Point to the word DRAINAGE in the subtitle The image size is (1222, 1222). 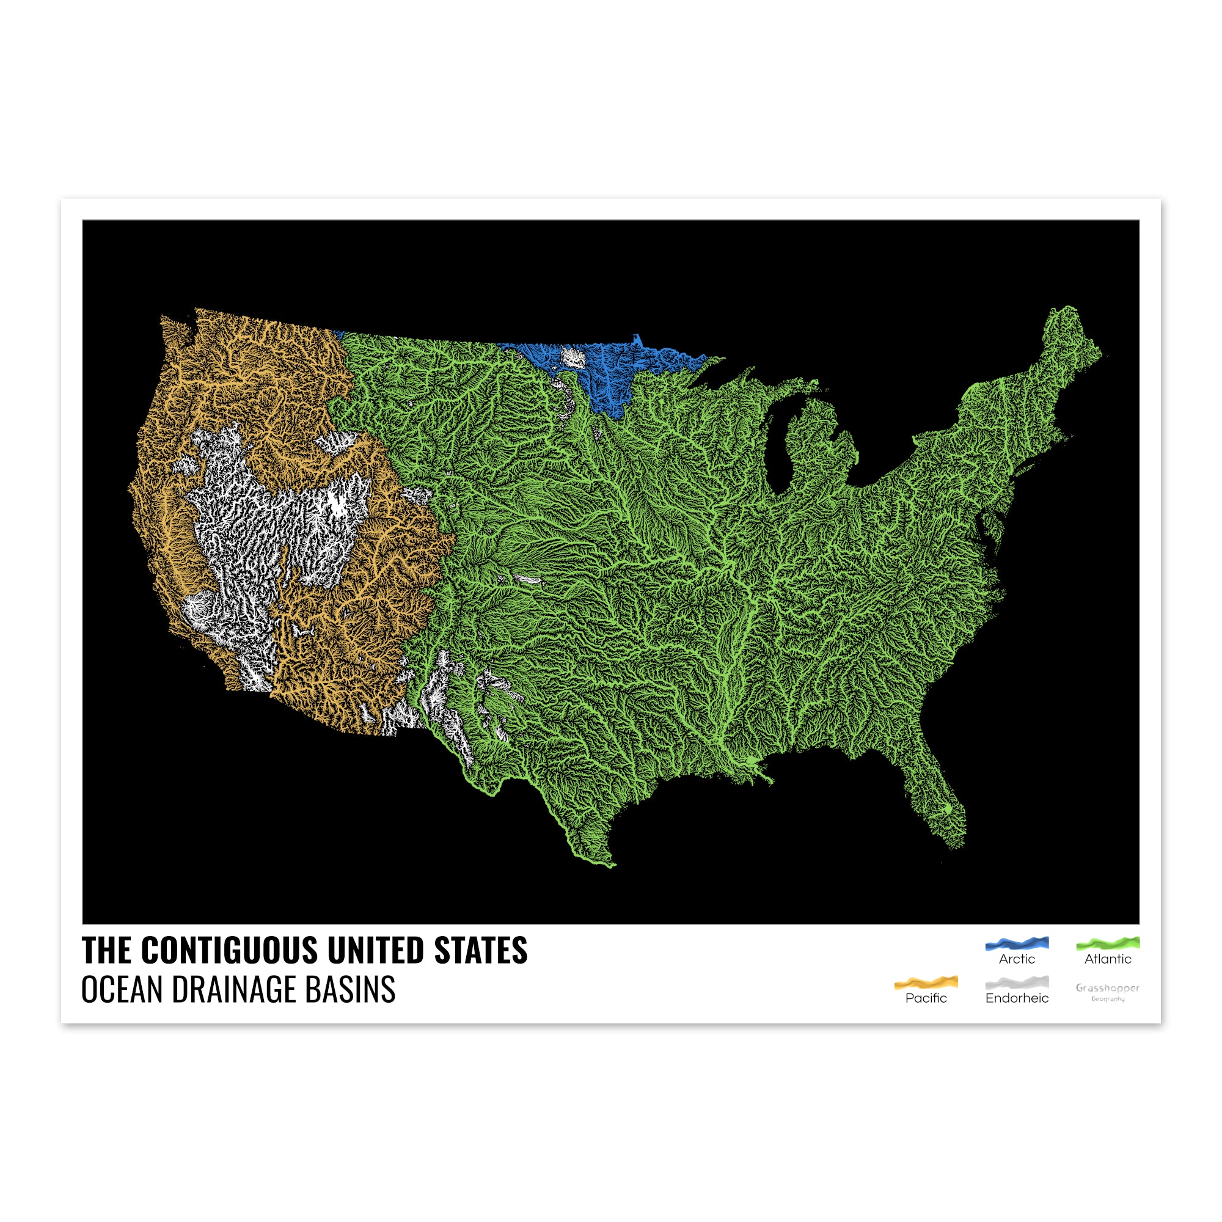[x=234, y=990]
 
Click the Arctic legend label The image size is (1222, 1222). [x=1017, y=959]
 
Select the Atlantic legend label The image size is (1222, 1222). [x=1108, y=959]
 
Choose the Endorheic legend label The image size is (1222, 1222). [x=1017, y=998]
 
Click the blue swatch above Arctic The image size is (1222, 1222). [x=1017, y=944]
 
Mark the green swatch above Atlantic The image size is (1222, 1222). [x=1108, y=944]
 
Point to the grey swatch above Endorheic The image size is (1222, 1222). [x=1017, y=983]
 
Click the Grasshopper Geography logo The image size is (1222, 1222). [x=1108, y=992]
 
